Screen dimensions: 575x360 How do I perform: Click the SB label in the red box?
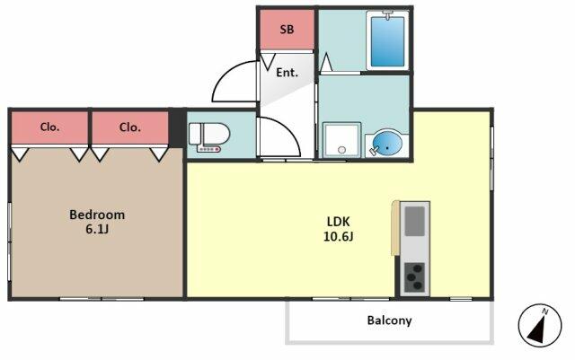click(x=287, y=30)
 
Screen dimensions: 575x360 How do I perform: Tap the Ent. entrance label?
click(x=287, y=73)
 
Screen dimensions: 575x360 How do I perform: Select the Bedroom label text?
click(x=97, y=215)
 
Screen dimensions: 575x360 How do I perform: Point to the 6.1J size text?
click(x=97, y=230)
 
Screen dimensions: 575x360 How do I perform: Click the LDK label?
click(x=338, y=222)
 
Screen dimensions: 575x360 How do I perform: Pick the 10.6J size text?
click(x=338, y=236)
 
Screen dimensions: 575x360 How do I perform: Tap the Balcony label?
click(x=389, y=320)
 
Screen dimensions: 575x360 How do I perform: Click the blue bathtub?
click(x=387, y=41)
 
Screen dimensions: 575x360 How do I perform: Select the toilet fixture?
click(x=209, y=135)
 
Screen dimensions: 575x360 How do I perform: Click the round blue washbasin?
click(x=387, y=143)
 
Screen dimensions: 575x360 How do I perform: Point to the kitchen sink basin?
click(x=415, y=222)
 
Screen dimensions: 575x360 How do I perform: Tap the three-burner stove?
click(x=415, y=277)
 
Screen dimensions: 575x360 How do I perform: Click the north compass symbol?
click(x=540, y=325)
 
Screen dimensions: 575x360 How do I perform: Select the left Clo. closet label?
click(x=49, y=127)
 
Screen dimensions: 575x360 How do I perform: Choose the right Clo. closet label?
click(x=130, y=127)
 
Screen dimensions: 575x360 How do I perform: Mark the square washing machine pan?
click(x=341, y=140)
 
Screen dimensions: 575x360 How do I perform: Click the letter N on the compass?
click(x=545, y=312)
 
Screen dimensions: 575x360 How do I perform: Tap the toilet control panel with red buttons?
click(x=208, y=149)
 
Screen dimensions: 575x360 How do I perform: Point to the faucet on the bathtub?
click(x=387, y=15)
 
